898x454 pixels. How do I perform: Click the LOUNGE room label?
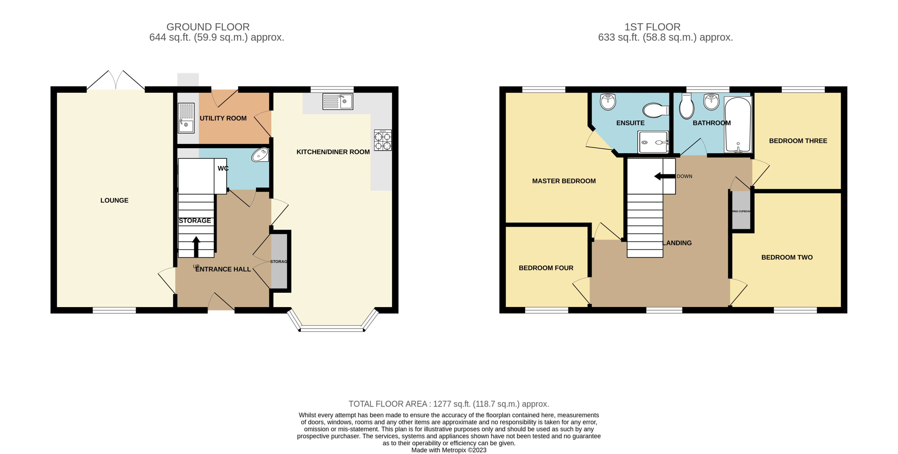[x=114, y=200]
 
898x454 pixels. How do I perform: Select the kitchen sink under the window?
[x=337, y=101]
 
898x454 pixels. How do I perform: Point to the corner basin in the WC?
[x=260, y=155]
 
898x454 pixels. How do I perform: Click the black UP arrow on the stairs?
[x=196, y=246]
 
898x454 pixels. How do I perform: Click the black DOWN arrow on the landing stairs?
[x=665, y=176]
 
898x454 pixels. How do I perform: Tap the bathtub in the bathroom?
[x=738, y=125]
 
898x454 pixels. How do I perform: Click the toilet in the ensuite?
[x=655, y=110]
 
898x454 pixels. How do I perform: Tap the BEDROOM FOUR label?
[x=546, y=268]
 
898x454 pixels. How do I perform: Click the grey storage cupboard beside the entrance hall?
[x=279, y=261]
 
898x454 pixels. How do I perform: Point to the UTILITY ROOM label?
[x=223, y=118]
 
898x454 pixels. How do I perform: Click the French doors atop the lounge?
[x=115, y=81]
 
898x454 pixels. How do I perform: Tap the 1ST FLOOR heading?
[x=652, y=27]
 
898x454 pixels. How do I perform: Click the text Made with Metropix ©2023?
[x=449, y=450]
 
